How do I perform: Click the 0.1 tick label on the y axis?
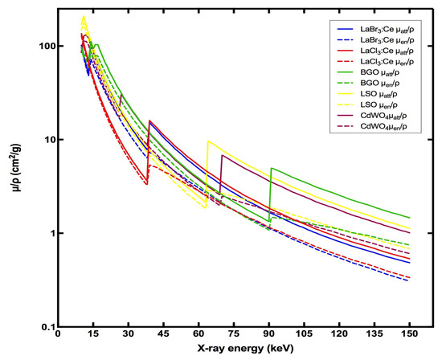click(43, 326)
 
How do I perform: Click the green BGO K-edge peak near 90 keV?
click(272, 168)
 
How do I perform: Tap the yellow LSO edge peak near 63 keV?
click(208, 141)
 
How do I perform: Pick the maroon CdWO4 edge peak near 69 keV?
click(222, 155)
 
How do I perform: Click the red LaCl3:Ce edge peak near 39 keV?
click(149, 121)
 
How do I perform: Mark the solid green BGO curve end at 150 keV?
click(410, 218)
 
